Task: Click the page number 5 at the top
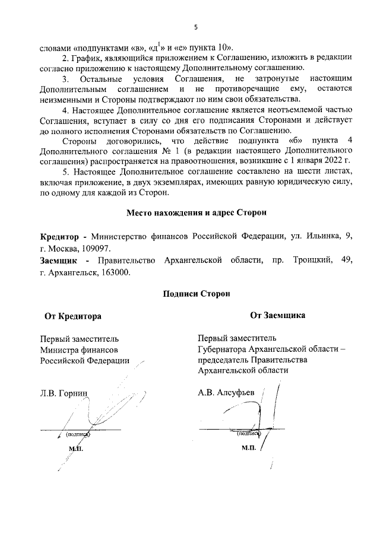195,27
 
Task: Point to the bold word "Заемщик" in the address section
58,260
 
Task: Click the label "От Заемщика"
278,316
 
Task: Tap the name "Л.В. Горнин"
64,393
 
